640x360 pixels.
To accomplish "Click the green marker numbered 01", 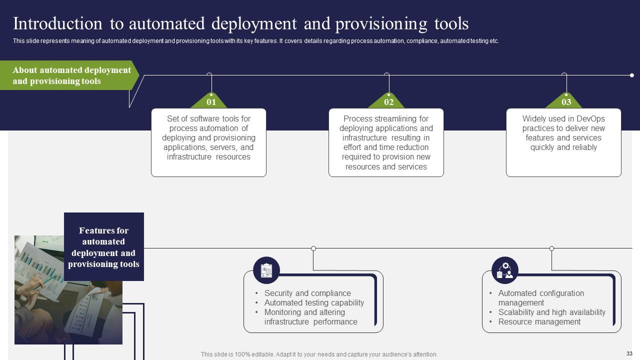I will (x=211, y=101).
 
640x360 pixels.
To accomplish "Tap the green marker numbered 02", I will (x=388, y=101).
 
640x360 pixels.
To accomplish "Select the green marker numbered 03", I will (x=566, y=101).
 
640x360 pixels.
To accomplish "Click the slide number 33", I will (x=629, y=353).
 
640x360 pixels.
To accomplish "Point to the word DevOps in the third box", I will (x=590, y=119).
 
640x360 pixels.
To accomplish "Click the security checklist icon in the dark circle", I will (x=266, y=270).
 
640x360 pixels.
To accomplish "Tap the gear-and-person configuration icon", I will (x=505, y=270).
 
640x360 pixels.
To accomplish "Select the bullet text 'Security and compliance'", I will (x=307, y=293).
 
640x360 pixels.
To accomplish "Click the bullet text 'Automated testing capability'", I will (x=314, y=303).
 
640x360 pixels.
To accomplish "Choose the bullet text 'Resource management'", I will (x=539, y=322).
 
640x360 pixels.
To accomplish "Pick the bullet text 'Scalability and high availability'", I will (x=551, y=312).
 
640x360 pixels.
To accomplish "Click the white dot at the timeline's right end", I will (x=632, y=75).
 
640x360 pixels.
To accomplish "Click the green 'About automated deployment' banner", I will (x=70, y=75).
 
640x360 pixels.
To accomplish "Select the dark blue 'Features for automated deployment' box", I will (x=104, y=247).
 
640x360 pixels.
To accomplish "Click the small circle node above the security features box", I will (x=313, y=248).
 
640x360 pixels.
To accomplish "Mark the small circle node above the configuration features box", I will (x=552, y=248).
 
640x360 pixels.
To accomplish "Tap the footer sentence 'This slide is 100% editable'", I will (x=319, y=354).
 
